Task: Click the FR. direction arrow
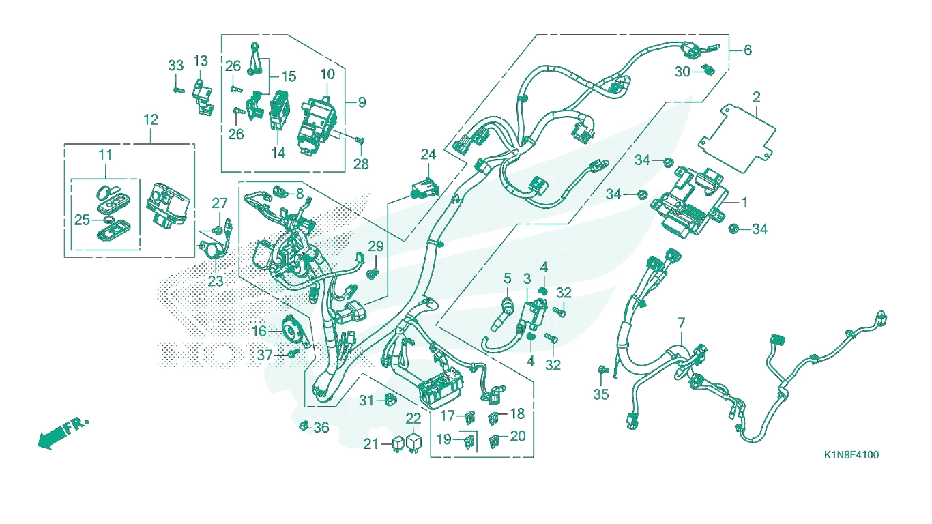tap(62, 433)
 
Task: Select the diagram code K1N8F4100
tap(851, 455)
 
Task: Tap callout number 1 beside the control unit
tap(744, 203)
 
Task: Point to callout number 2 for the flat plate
tap(757, 98)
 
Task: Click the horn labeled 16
tap(292, 331)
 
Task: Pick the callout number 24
tap(428, 154)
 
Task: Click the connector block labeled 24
tap(425, 188)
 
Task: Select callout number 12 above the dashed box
tap(151, 120)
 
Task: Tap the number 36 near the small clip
tap(321, 427)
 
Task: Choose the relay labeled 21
tap(398, 444)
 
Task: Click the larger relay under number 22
tap(414, 442)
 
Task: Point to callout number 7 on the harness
tap(681, 323)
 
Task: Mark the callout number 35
tap(601, 394)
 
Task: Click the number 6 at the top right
tap(748, 50)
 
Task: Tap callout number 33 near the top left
tap(176, 65)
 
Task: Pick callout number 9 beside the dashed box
tap(362, 102)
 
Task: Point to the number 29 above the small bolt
tap(376, 246)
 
